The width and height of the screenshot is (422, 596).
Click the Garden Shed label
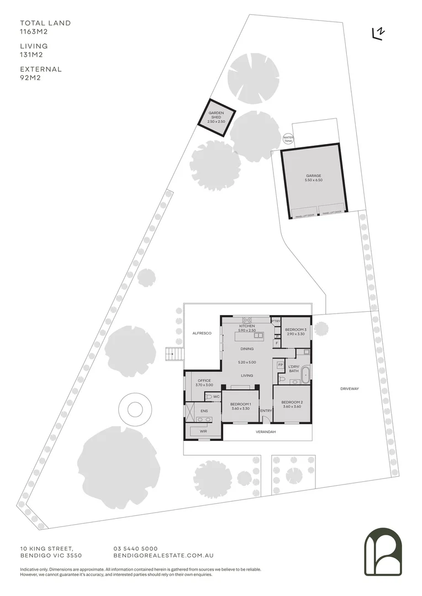pyautogui.click(x=215, y=116)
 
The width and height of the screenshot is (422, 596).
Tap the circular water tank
pyautogui.click(x=288, y=139)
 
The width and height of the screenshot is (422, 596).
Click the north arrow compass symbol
pyautogui.click(x=378, y=34)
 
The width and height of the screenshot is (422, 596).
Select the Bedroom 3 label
pyautogui.click(x=296, y=331)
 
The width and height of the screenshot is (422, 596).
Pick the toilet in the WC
pyautogui.click(x=209, y=397)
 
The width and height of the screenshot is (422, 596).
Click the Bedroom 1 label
pyautogui.click(x=240, y=406)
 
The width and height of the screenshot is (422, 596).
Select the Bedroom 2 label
pyautogui.click(x=292, y=404)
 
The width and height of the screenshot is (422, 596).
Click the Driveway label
pyautogui.click(x=349, y=389)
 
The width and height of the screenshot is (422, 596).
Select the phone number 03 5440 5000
pyautogui.click(x=135, y=548)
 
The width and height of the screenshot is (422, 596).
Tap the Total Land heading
pyautogui.click(x=45, y=23)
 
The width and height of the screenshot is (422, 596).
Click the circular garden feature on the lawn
pyautogui.click(x=134, y=409)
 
